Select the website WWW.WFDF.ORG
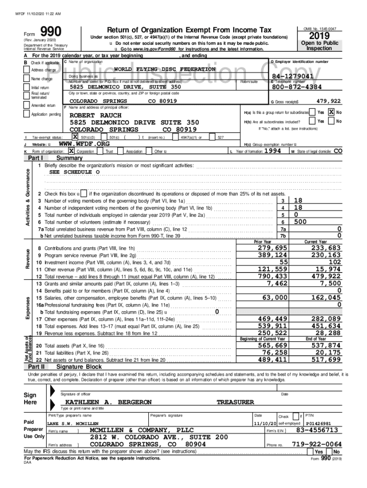tap(84, 143)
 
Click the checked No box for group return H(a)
tap(331, 112)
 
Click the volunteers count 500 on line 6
tap(300, 222)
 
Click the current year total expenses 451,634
tap(326, 326)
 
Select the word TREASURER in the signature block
tap(235, 402)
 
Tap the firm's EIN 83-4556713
tap(317, 430)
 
